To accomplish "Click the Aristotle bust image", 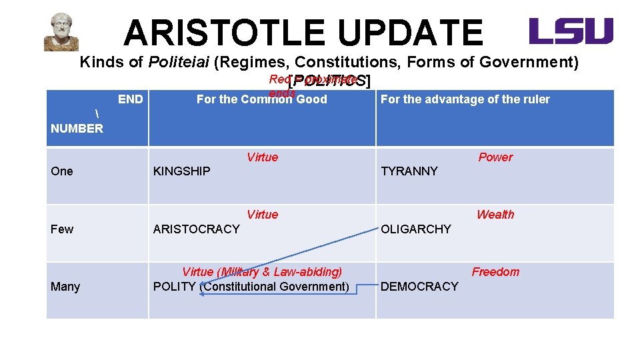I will (x=61, y=32).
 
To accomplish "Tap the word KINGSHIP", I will (x=181, y=171).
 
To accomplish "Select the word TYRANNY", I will (x=409, y=171).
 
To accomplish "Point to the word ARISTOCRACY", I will (x=196, y=229).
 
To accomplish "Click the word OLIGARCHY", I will (x=416, y=229).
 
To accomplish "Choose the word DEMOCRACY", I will (x=419, y=286).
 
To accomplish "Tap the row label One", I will (x=62, y=171).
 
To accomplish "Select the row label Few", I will (x=62, y=229).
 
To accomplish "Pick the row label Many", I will (x=65, y=286).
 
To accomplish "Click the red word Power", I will (x=495, y=157).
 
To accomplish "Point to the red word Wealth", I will (x=495, y=215).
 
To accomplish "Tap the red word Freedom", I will (x=495, y=272).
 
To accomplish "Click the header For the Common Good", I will (x=261, y=99).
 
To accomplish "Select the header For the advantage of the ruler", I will (x=465, y=99).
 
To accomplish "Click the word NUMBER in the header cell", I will (x=77, y=128).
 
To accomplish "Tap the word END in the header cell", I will (x=130, y=99).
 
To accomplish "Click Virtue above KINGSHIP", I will (x=262, y=157).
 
